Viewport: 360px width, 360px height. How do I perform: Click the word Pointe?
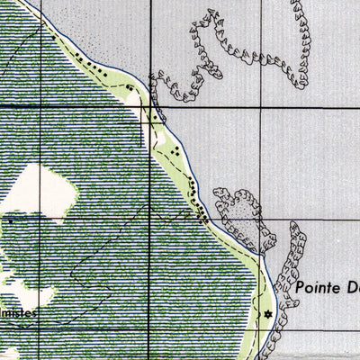321,289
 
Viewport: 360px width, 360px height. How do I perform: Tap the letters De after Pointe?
353,289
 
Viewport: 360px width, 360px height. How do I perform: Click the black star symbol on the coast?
266,313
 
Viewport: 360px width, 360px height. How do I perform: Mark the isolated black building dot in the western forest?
10,219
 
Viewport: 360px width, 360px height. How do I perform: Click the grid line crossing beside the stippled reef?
264,206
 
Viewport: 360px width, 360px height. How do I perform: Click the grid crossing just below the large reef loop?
264,106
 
